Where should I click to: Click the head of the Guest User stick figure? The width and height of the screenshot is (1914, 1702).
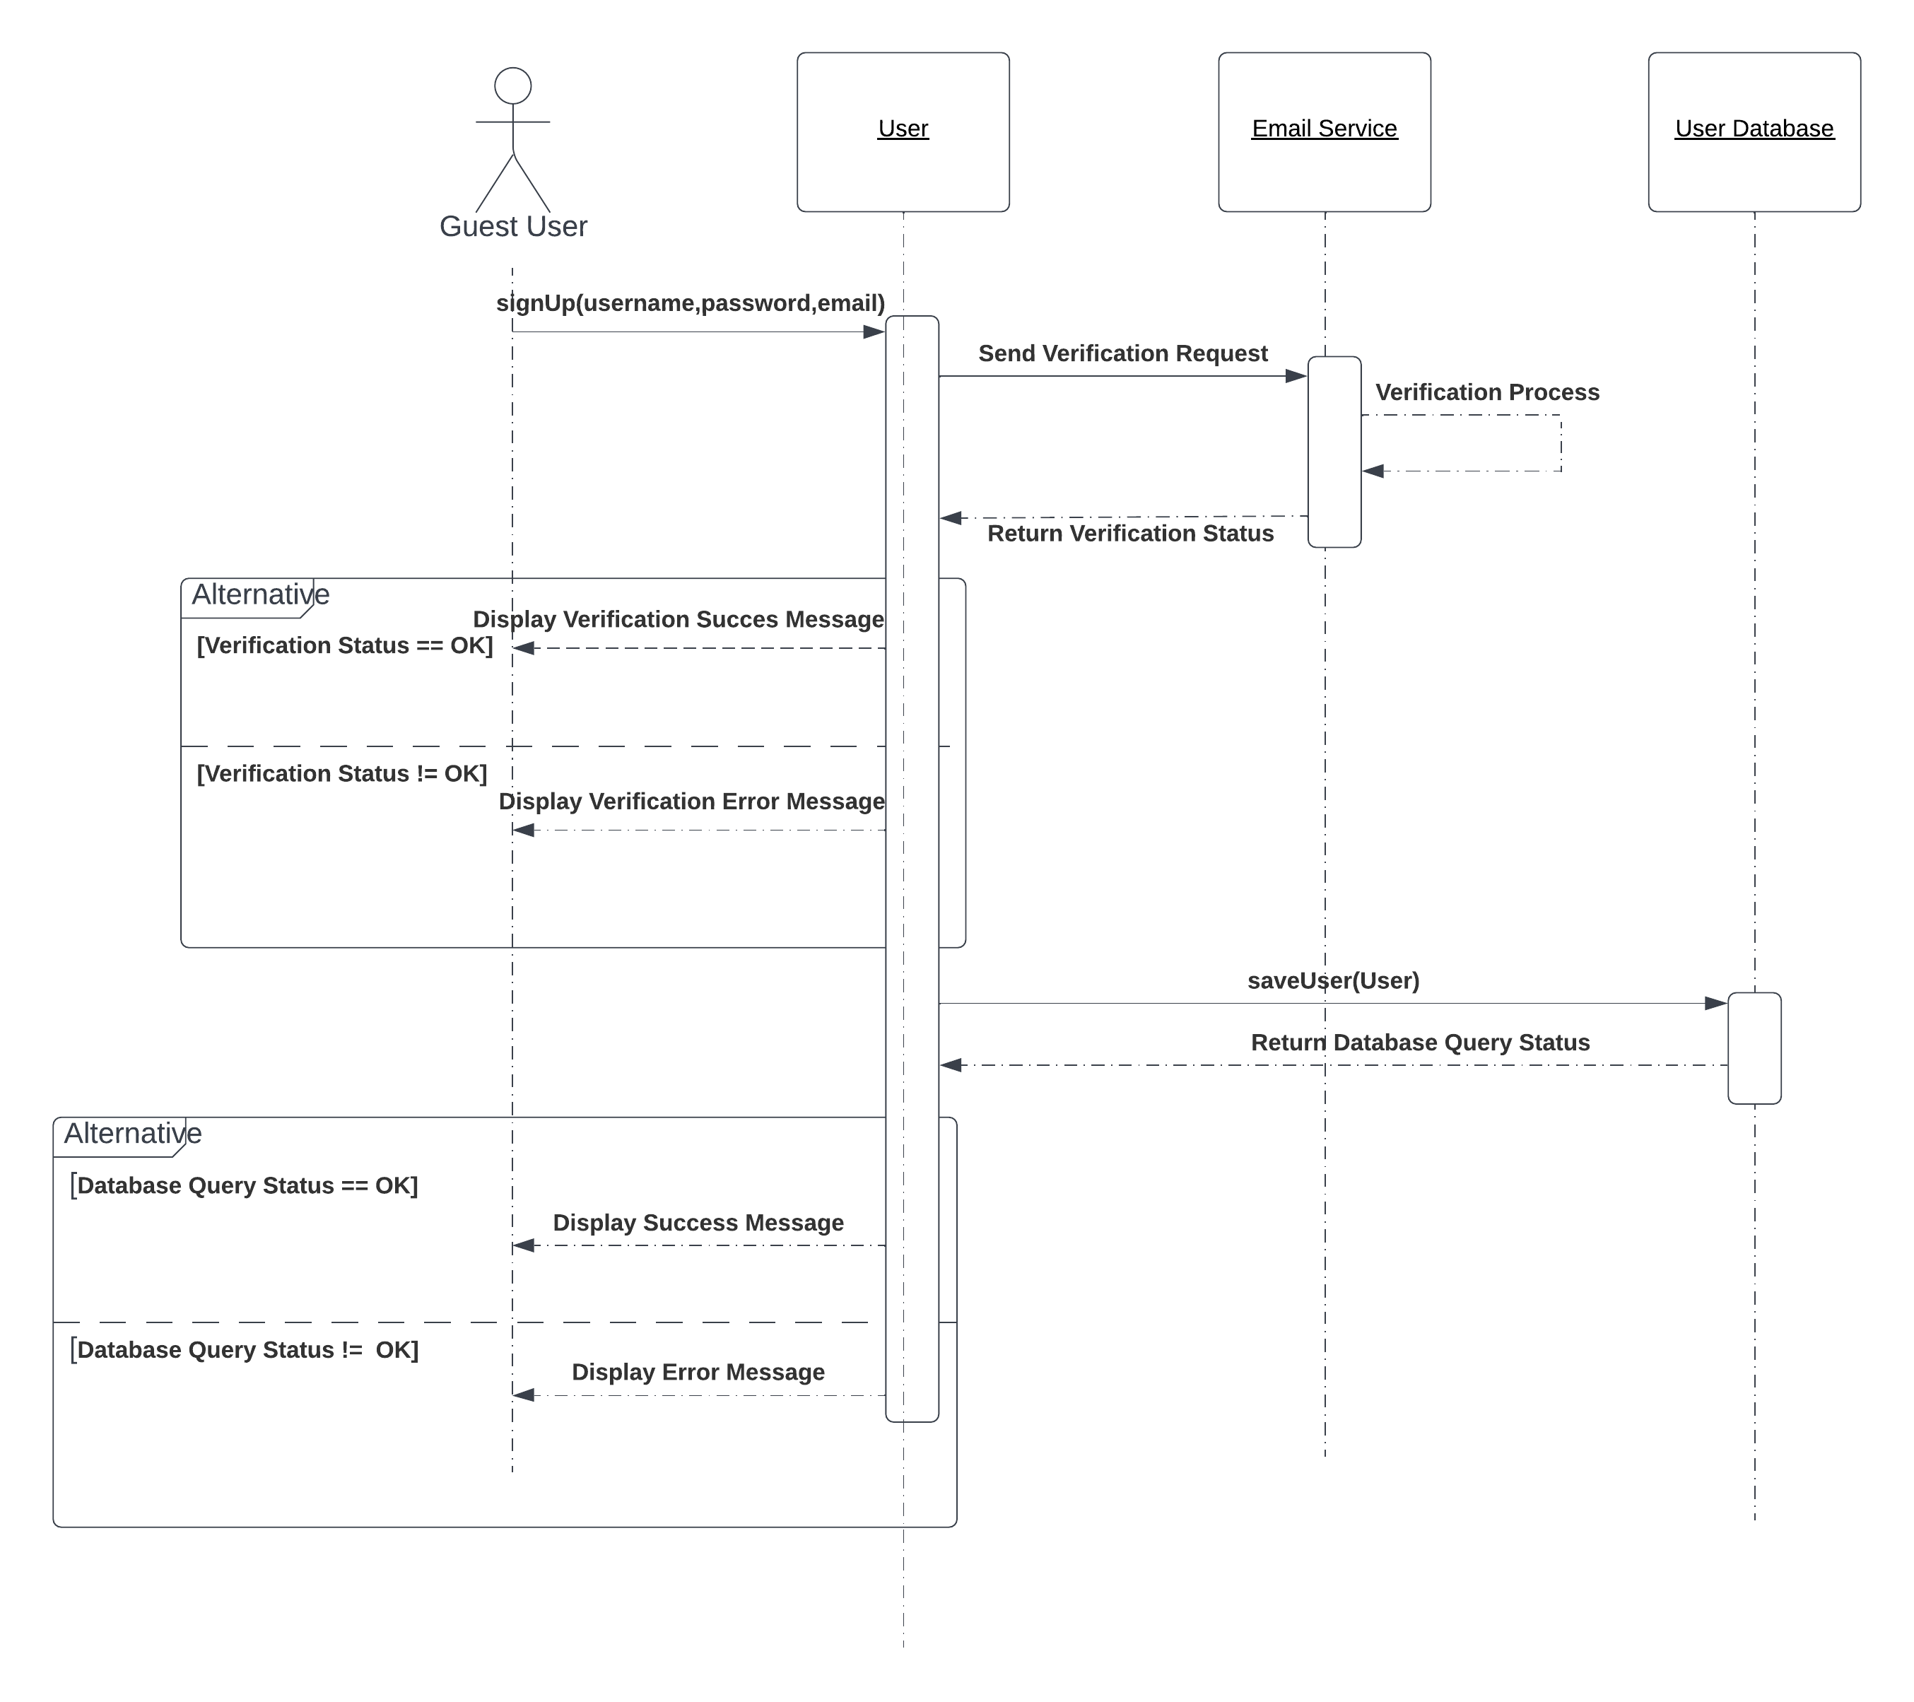[x=513, y=86]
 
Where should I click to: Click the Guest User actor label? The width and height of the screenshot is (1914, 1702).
[x=513, y=227]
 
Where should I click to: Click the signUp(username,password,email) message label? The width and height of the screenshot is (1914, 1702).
[x=690, y=303]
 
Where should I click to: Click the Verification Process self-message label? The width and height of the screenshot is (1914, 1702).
[x=1487, y=392]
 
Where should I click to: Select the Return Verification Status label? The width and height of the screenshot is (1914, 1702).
[x=1130, y=534]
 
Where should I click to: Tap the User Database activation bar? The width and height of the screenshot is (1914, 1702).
[x=1754, y=1047]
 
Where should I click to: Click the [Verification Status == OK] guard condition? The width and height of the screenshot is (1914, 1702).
[x=345, y=646]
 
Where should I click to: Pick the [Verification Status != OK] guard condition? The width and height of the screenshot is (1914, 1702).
[x=342, y=773]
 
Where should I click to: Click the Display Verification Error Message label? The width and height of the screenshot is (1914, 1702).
[x=691, y=802]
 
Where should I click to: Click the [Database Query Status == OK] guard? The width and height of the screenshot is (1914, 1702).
[x=245, y=1185]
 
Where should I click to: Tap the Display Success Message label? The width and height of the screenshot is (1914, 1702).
[x=698, y=1223]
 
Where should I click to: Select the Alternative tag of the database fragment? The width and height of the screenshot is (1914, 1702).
[x=132, y=1134]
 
